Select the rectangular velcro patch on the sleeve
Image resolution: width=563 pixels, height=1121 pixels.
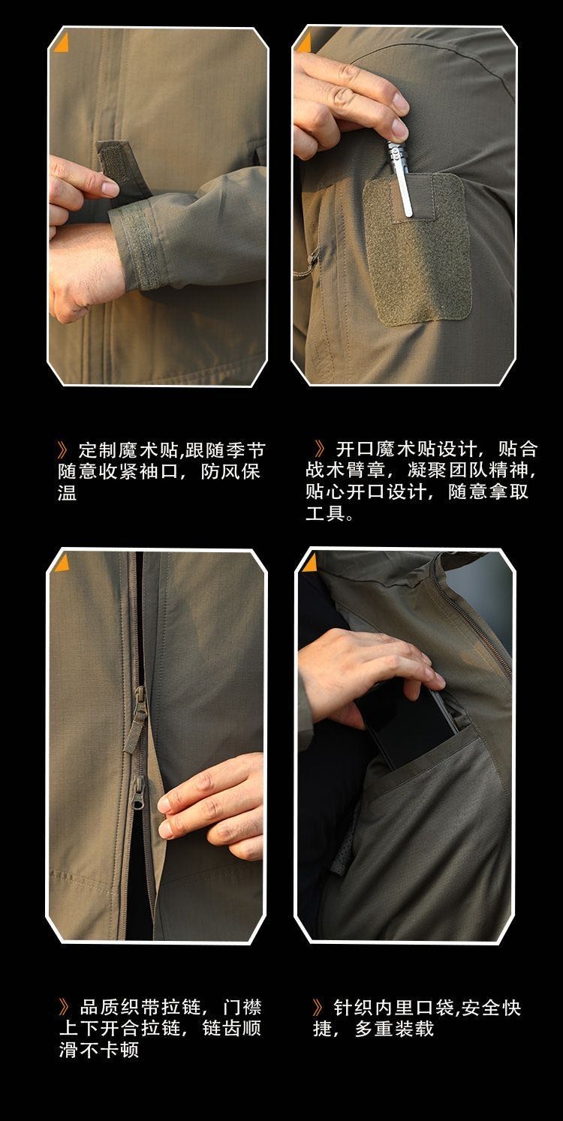tap(417, 248)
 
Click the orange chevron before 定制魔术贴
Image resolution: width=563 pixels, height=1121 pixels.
tap(64, 450)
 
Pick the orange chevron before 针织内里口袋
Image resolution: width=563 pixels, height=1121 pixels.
tap(318, 1007)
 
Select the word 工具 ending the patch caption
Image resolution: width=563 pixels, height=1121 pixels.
tap(325, 512)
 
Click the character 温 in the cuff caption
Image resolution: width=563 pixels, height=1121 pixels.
tap(67, 492)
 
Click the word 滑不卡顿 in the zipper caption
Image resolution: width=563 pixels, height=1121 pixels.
tap(98, 1050)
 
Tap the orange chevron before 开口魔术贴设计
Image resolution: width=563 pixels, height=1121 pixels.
tap(320, 449)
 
